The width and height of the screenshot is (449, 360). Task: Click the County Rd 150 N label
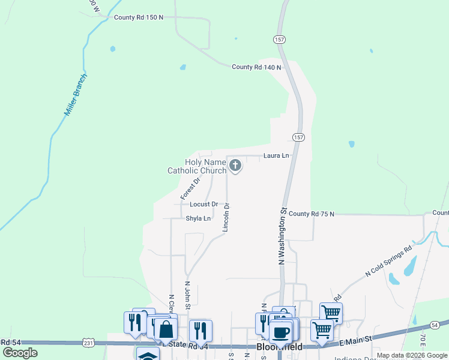pos(139,17)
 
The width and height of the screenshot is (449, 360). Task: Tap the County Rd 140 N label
pos(256,67)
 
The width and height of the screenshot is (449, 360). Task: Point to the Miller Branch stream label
pos(76,95)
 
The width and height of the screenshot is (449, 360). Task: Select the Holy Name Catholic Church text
pos(197,166)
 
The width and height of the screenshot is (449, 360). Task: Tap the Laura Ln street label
pos(276,155)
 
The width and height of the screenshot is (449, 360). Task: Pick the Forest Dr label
pos(190,187)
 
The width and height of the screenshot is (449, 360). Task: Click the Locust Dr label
pos(203,204)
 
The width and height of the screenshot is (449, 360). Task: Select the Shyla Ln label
pos(198,218)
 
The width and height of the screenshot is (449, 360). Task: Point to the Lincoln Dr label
pos(226,217)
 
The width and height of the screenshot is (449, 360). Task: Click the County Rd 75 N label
pos(311,214)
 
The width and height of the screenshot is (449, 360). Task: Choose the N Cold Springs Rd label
pos(389,261)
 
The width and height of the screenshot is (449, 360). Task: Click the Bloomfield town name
pos(279,347)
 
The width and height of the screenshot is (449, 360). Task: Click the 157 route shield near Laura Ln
pos(298,137)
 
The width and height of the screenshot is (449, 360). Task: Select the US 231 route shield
pos(88,343)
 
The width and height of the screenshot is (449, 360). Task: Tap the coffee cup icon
pos(280,332)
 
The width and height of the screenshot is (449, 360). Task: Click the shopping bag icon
pos(166,329)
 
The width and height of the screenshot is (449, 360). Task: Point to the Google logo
pos(20,353)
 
